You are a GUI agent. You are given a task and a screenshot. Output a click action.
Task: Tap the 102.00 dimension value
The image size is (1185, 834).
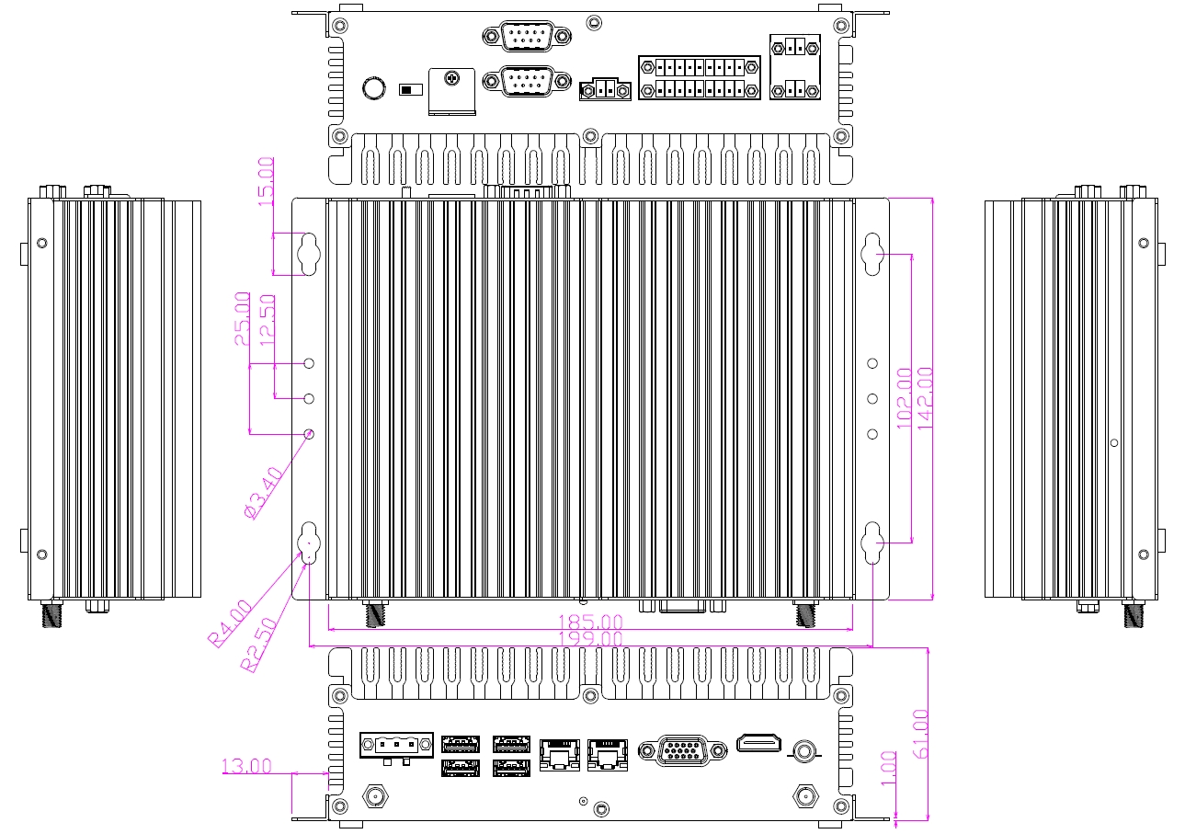[904, 398]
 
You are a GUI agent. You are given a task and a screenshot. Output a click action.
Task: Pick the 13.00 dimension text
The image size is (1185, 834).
[247, 765]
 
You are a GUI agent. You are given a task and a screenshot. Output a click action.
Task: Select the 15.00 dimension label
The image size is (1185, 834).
[267, 182]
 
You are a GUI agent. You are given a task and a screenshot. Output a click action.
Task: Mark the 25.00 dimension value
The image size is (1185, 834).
[243, 318]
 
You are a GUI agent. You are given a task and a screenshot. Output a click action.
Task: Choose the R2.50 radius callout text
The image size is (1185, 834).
[258, 646]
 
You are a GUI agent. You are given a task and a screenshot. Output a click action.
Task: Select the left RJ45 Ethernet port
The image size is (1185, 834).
[557, 753]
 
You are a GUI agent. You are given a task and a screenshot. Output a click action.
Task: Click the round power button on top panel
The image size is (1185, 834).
[373, 88]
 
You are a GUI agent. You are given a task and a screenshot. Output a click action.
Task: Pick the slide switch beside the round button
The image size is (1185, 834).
[408, 90]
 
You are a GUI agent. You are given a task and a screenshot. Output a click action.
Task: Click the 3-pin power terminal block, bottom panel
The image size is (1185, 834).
[396, 746]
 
